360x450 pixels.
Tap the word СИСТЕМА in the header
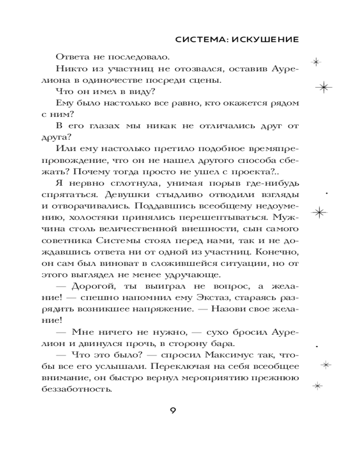click(x=201, y=40)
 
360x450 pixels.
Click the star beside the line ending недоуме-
click(x=320, y=211)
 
